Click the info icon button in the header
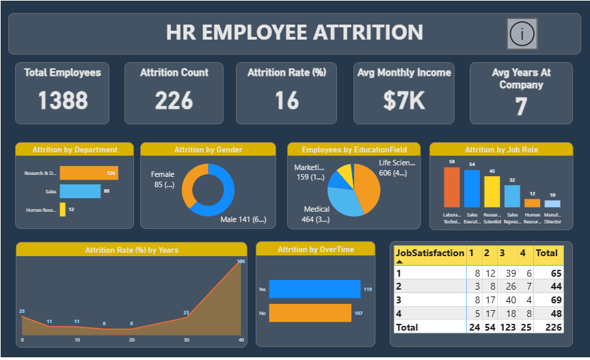tap(523, 33)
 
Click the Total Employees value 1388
tap(62, 100)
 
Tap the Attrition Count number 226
tap(174, 100)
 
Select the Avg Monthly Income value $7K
tap(403, 100)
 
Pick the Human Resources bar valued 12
tap(62, 210)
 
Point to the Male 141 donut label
tap(243, 219)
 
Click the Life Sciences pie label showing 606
tap(397, 168)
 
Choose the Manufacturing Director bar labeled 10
tap(552, 204)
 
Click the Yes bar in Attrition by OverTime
tap(314, 289)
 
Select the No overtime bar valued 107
tap(311, 313)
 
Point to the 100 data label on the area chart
tap(240, 261)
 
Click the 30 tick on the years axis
tap(186, 340)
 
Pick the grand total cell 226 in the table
tap(549, 327)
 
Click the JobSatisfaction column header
tap(429, 253)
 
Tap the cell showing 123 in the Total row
tap(507, 327)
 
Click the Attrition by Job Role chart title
tap(502, 150)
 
